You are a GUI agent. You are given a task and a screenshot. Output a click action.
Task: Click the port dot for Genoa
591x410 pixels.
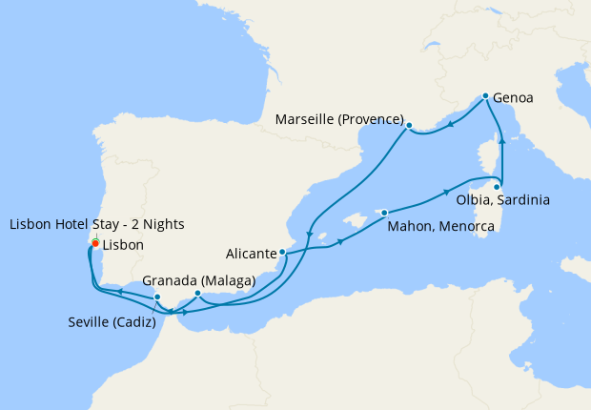point(486,96)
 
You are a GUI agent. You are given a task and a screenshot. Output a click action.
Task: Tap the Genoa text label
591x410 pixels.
point(513,97)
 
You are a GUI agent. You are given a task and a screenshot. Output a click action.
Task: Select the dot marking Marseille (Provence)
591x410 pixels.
point(409,126)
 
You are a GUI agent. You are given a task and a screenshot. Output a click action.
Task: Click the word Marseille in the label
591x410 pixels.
point(306,119)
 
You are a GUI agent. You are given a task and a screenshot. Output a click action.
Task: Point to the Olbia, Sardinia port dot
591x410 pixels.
point(497,187)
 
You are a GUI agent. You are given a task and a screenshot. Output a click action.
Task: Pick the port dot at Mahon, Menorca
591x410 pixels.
point(384,213)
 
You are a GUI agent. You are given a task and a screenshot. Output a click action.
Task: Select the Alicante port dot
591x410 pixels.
point(282,253)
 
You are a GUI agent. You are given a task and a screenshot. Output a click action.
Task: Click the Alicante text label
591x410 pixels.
point(252,255)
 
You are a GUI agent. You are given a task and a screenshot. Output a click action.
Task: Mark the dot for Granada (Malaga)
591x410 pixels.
point(197,294)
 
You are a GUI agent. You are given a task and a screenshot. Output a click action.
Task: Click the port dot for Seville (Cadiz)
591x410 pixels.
point(157,297)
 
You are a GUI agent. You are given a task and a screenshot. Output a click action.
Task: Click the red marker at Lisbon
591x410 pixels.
point(95,243)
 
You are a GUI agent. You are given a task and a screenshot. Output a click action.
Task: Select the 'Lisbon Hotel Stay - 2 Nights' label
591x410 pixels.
point(96,224)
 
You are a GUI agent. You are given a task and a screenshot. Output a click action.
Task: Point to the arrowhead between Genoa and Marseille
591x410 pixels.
point(450,122)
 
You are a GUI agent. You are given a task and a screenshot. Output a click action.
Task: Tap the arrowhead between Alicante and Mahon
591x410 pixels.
point(339,246)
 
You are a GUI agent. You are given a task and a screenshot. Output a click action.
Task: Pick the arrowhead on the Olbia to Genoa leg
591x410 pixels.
point(502,143)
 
